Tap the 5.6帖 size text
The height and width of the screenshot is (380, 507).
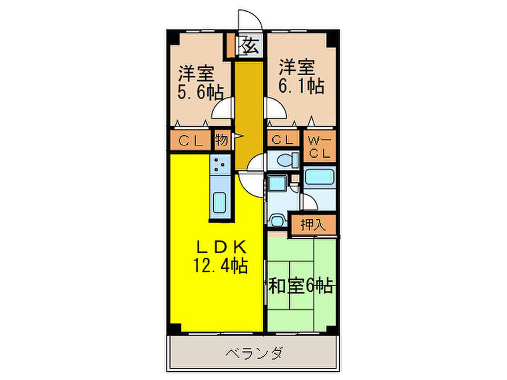click(x=200, y=92)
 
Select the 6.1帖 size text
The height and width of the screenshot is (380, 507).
click(x=301, y=86)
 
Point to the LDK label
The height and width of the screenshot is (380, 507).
click(x=221, y=247)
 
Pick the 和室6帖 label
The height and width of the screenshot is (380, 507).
click(x=301, y=286)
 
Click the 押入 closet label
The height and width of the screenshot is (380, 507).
click(x=313, y=225)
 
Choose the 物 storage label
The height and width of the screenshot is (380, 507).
click(x=222, y=140)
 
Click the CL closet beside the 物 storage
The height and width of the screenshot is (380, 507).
click(x=190, y=140)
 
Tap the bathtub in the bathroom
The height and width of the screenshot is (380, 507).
click(x=319, y=177)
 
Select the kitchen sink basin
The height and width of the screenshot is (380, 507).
click(x=219, y=203)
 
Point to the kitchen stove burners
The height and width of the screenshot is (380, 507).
click(x=219, y=165)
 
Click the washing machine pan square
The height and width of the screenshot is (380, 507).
click(x=277, y=183)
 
